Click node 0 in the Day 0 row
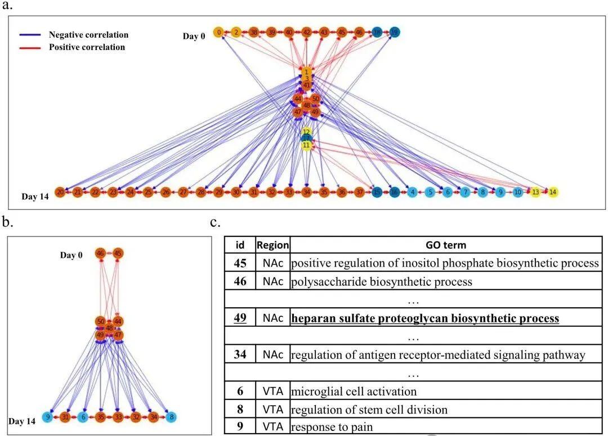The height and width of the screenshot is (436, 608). coord(219,33)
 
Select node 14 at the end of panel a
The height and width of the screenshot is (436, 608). coord(553,192)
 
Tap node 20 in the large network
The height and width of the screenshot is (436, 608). coord(60,192)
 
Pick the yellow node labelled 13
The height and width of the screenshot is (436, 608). coord(535,192)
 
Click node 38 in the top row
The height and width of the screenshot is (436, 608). coord(254,33)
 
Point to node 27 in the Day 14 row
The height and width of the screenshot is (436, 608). coord(183,192)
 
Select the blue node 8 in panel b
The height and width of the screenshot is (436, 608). coord(171,417)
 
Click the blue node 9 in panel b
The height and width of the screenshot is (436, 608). coord(48,417)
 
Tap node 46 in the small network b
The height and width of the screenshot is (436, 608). coord(101,253)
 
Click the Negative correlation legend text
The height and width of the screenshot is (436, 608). coord(88,35)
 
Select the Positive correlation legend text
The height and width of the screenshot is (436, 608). coord(87,47)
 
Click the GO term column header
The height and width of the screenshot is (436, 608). coord(446,245)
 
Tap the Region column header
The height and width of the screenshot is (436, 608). coord(273,245)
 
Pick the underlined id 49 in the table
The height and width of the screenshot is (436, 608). coord(240,318)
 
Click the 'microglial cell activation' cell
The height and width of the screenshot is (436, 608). coord(354,392)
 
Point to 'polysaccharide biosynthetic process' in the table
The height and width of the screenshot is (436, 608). coord(382,282)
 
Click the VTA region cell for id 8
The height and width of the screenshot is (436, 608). coord(273,410)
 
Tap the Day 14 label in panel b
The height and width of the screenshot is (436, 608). coord(22,421)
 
